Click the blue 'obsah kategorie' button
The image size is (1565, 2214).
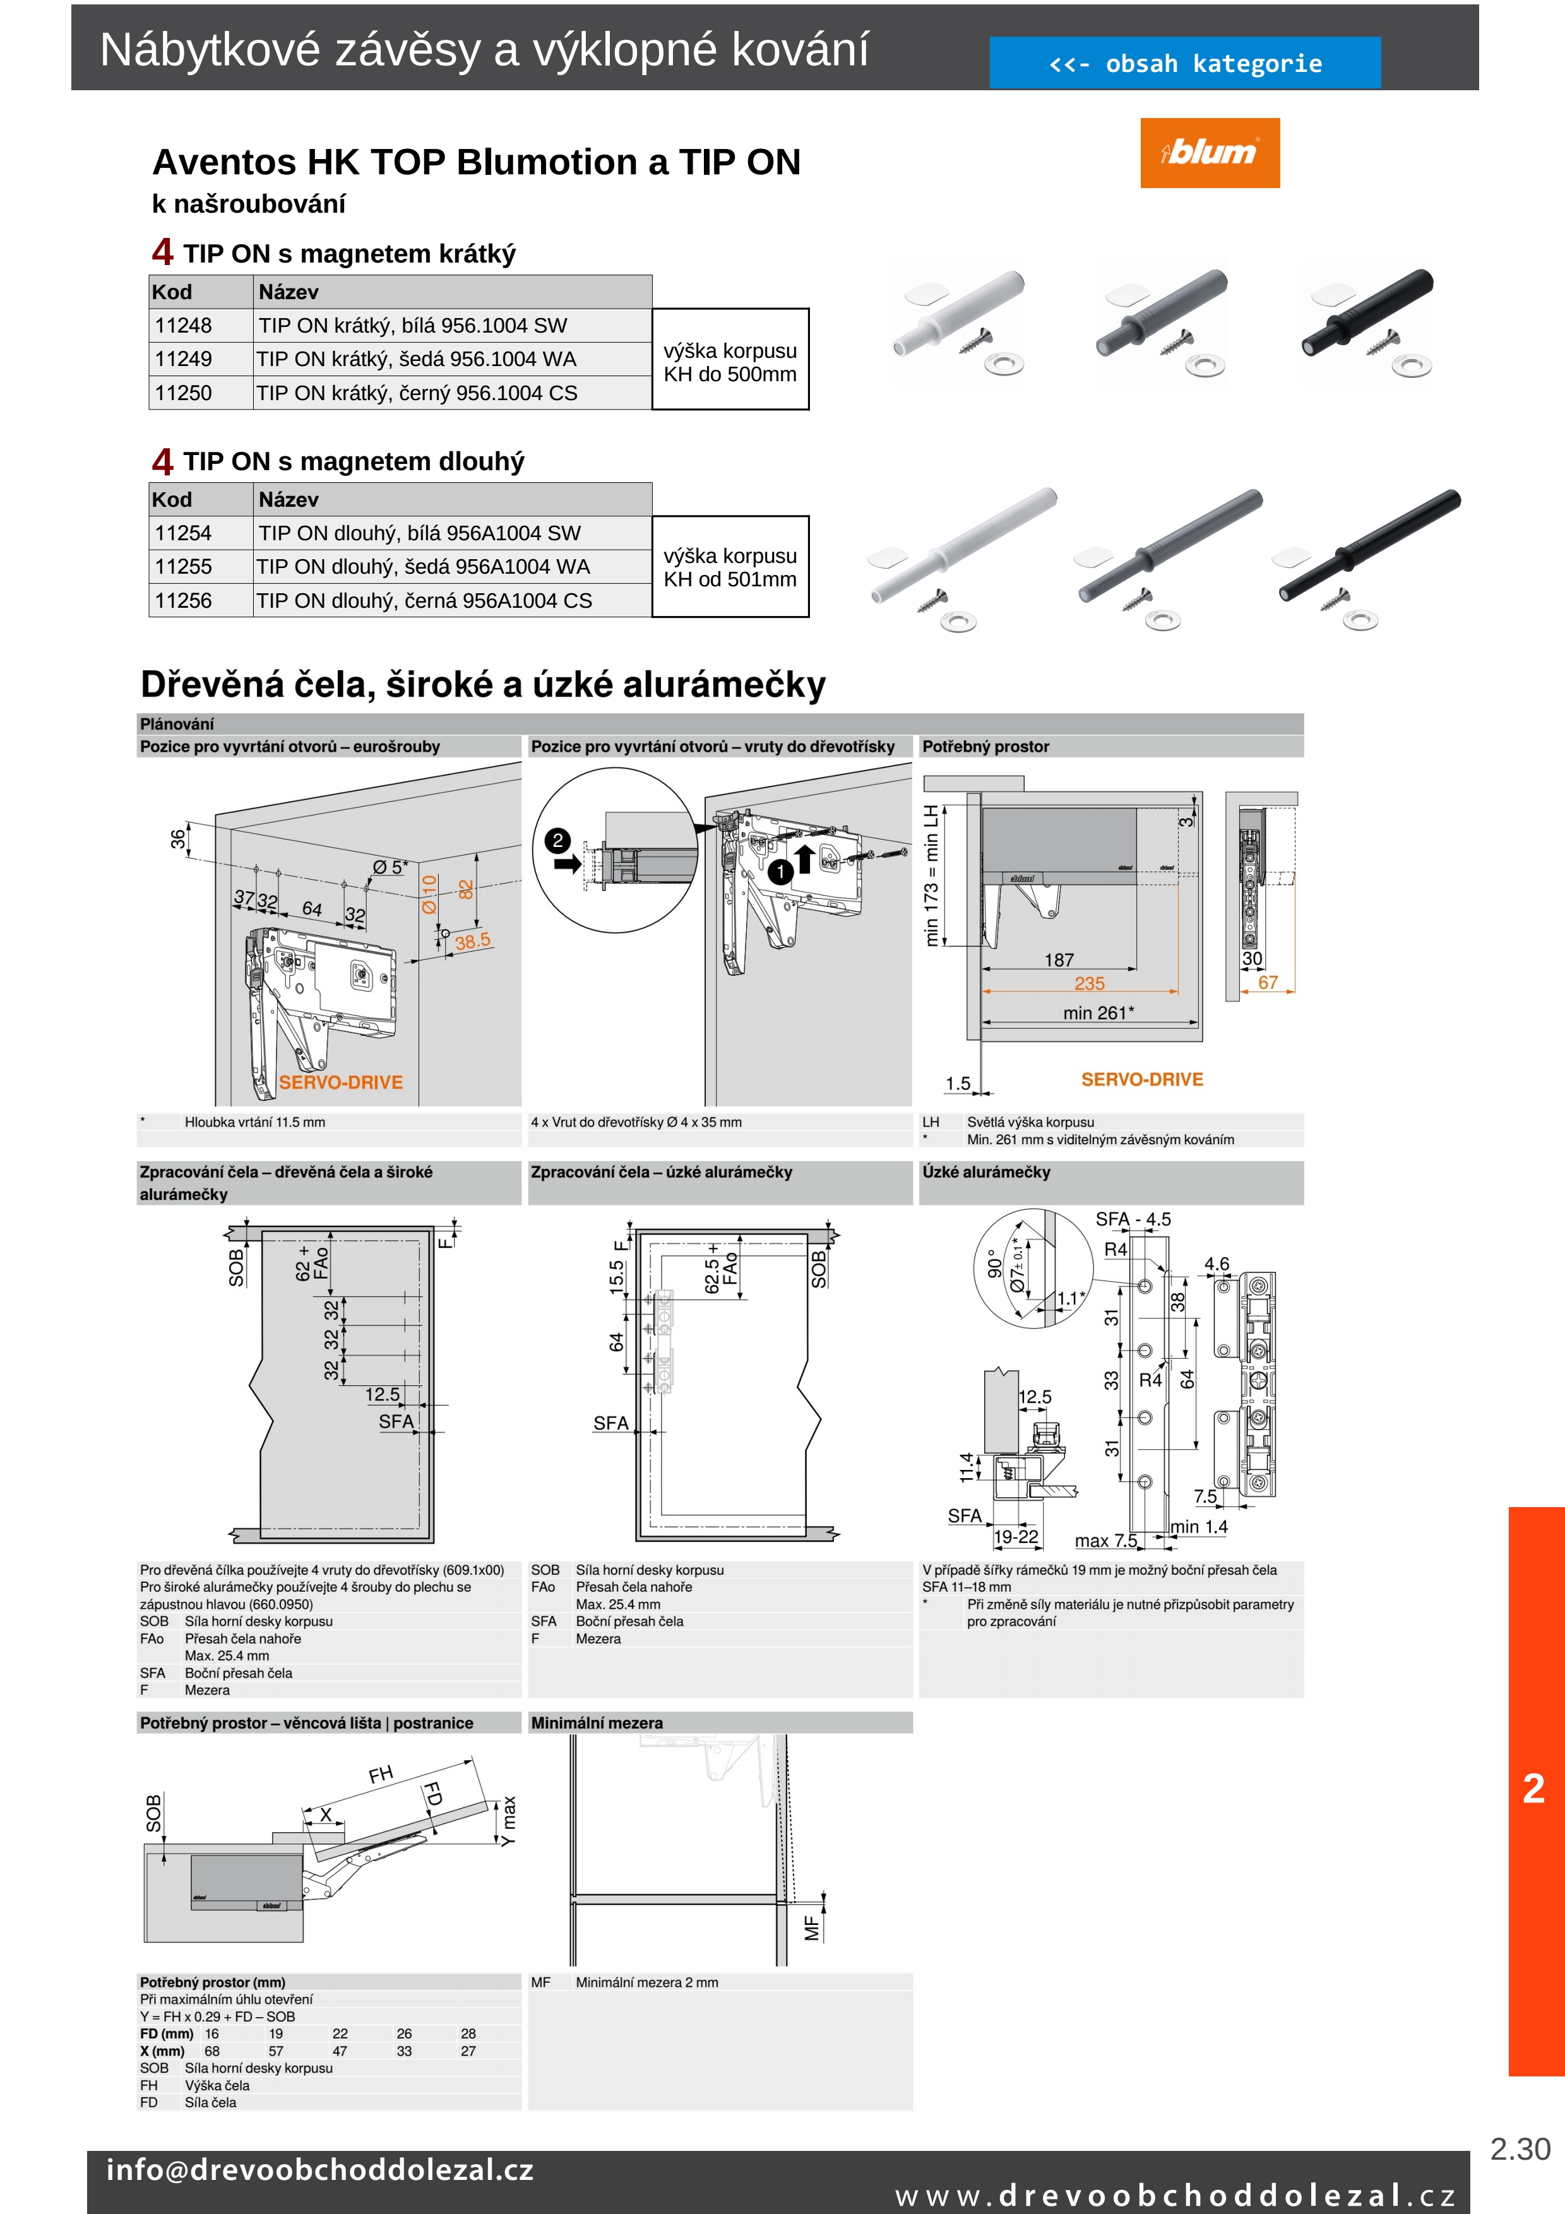(x=1184, y=64)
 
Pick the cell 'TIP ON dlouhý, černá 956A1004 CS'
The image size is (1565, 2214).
(x=424, y=601)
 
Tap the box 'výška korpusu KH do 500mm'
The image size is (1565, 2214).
(x=730, y=362)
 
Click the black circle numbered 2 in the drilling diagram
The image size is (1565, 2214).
(x=557, y=840)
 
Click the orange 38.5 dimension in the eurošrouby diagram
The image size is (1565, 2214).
(x=472, y=940)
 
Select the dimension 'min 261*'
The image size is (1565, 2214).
(x=1098, y=1012)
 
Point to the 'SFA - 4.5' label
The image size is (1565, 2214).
(x=1133, y=1219)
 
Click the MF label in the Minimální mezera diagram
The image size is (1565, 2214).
(x=812, y=1927)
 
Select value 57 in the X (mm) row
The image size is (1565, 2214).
(x=276, y=2051)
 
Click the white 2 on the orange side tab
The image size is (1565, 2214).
(x=1533, y=1789)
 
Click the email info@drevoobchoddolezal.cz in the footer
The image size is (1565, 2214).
(x=319, y=2170)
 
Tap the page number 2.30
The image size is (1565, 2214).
(x=1520, y=2150)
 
